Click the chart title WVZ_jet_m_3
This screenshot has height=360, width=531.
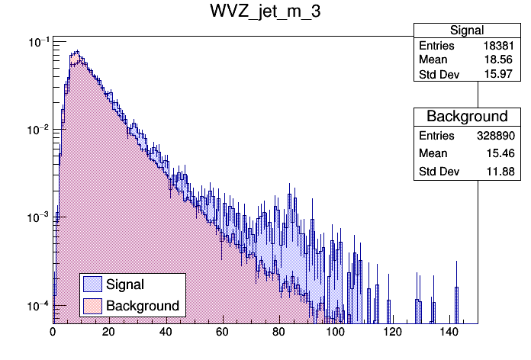[x=265, y=13]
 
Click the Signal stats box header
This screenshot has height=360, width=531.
[x=467, y=31]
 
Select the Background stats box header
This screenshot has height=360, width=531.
[x=467, y=116]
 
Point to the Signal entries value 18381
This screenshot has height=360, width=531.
[x=500, y=46]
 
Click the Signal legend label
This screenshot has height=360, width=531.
[x=125, y=284]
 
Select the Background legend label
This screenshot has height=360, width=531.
[x=143, y=306]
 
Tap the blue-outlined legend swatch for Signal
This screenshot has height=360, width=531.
[x=93, y=284]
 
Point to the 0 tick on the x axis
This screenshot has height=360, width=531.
[x=53, y=332]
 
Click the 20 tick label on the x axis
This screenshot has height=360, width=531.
[x=109, y=332]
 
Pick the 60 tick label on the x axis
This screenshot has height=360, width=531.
[x=223, y=332]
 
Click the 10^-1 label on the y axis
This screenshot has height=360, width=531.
[x=37, y=42]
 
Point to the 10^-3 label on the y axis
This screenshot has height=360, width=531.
[x=37, y=217]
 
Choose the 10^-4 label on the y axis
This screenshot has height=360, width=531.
[x=37, y=305]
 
